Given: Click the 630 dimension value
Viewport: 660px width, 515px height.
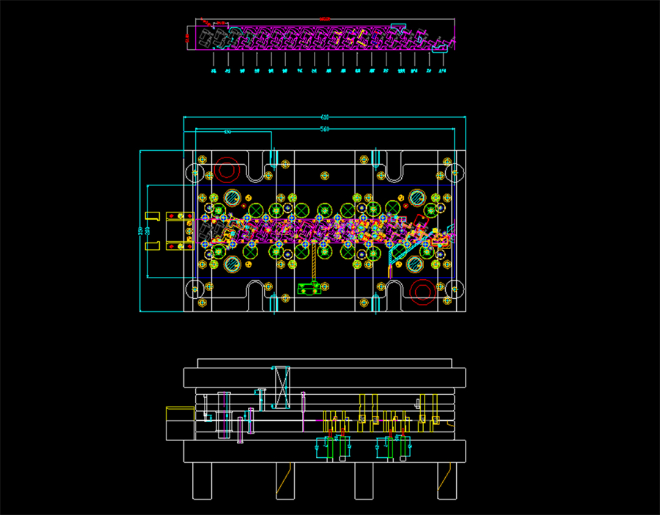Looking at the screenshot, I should [x=325, y=117].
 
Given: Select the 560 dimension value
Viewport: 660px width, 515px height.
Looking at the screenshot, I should [x=325, y=129].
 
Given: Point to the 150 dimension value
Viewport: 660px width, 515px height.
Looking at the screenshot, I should [x=228, y=132].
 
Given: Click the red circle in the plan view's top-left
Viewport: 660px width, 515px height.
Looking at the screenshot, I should [x=227, y=170].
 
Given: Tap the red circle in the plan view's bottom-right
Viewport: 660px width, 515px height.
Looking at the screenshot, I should [x=423, y=291].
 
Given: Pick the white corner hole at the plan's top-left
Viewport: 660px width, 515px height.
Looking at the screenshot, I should [x=195, y=173].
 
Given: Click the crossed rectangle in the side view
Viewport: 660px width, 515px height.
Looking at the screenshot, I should [x=282, y=386].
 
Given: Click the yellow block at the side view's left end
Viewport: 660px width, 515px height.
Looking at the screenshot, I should [x=176, y=423].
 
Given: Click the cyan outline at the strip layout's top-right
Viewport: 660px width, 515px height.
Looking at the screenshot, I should [x=400, y=27].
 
